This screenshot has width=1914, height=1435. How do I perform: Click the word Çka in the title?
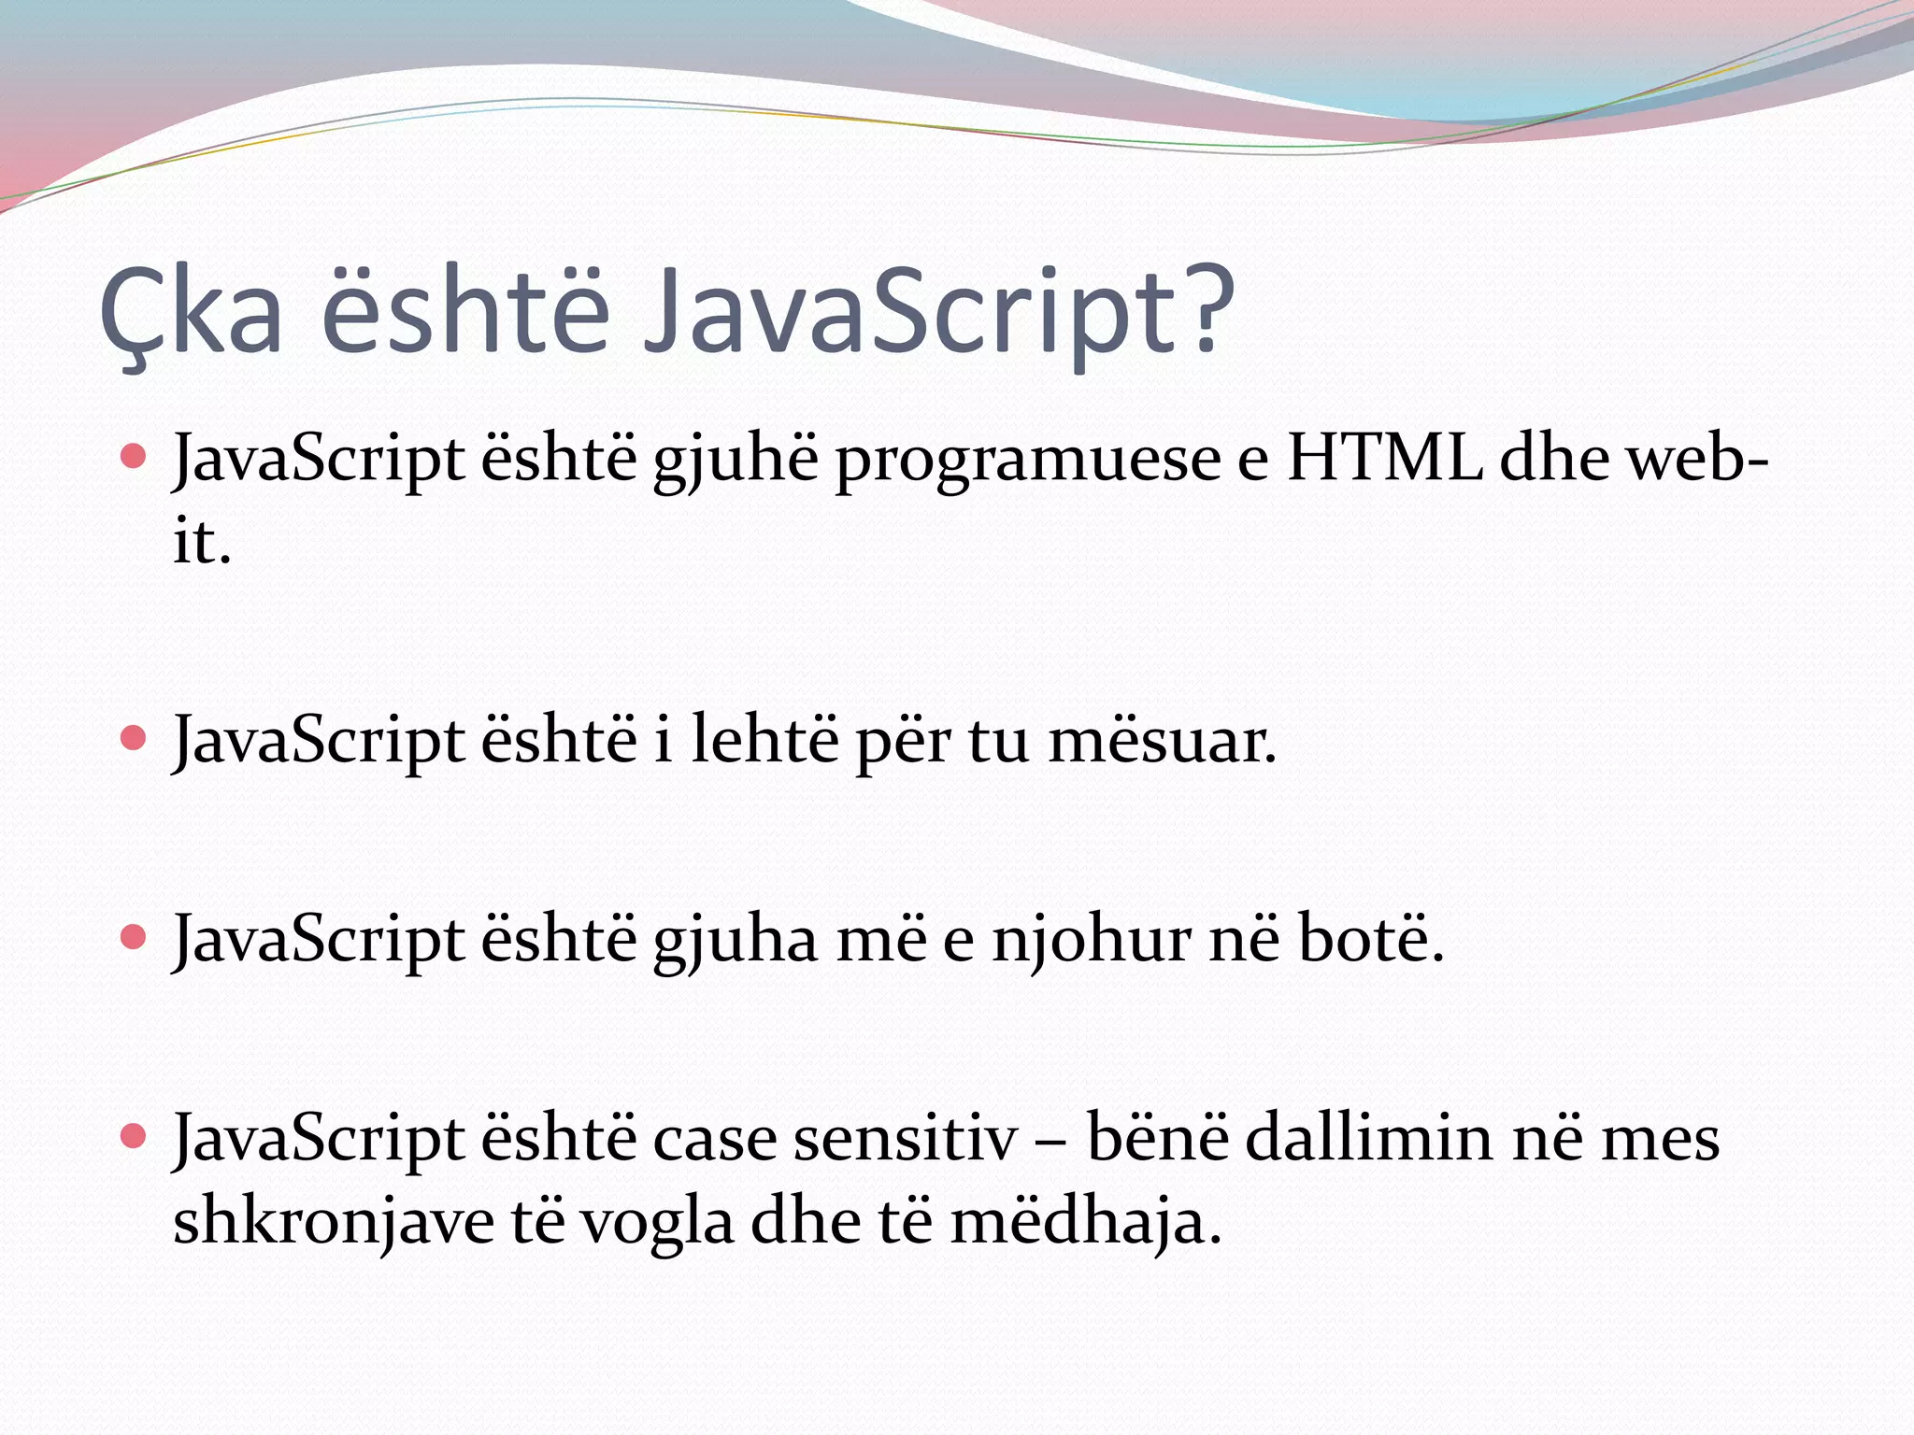pos(191,312)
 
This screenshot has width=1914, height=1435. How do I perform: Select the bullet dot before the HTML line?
pos(134,457)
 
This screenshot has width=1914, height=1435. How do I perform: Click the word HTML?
pos(1384,459)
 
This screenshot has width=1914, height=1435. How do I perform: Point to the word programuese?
pos(1027,462)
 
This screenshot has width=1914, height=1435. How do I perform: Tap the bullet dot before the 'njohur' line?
pos(134,937)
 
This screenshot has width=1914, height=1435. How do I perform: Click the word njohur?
pos(1092,941)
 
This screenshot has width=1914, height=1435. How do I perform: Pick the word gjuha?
pos(736,943)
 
